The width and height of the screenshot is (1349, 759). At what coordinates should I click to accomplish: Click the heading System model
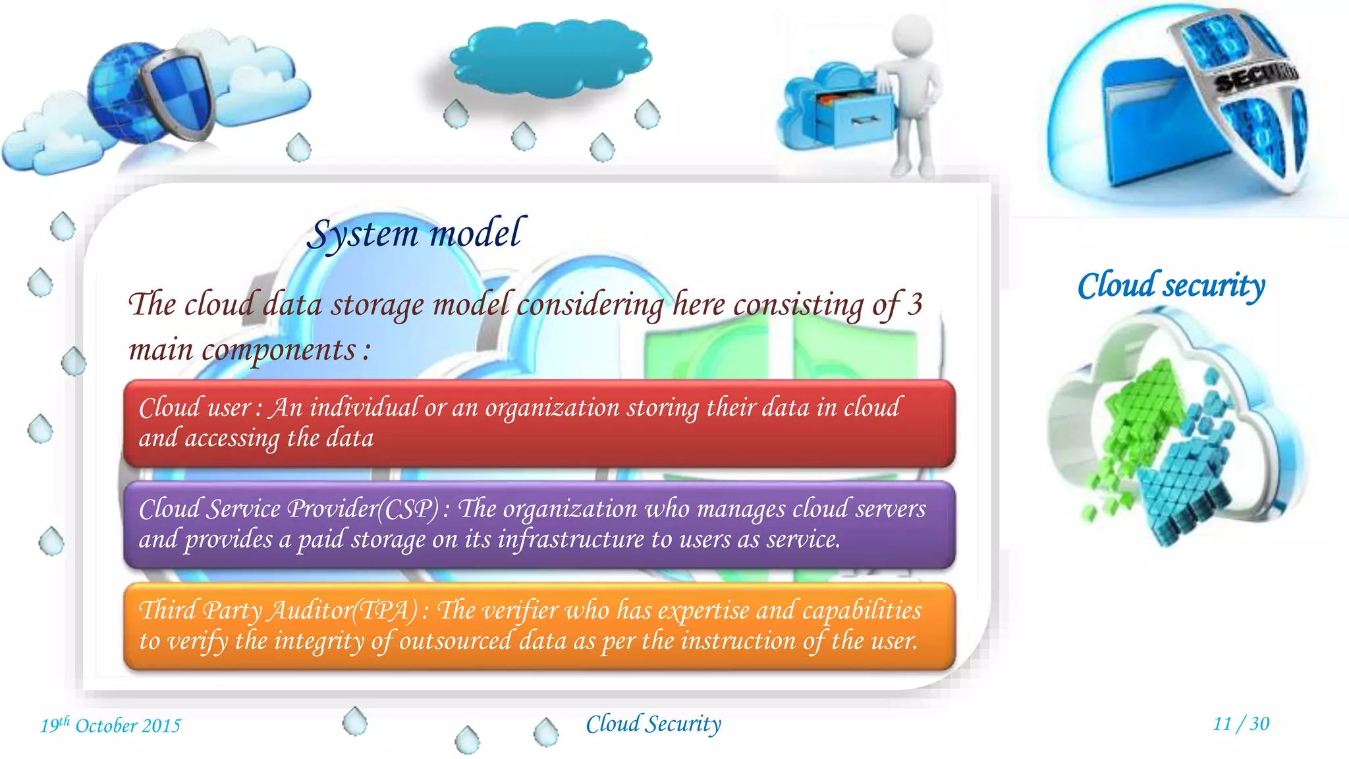coord(416,234)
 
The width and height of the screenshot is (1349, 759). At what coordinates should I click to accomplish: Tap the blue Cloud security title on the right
coord(1171,286)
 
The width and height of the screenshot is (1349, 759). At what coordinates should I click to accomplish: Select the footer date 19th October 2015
coord(111,725)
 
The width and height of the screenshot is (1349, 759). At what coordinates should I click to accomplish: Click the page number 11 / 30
coord(1241,723)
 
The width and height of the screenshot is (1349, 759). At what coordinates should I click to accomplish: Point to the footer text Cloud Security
coord(653,724)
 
